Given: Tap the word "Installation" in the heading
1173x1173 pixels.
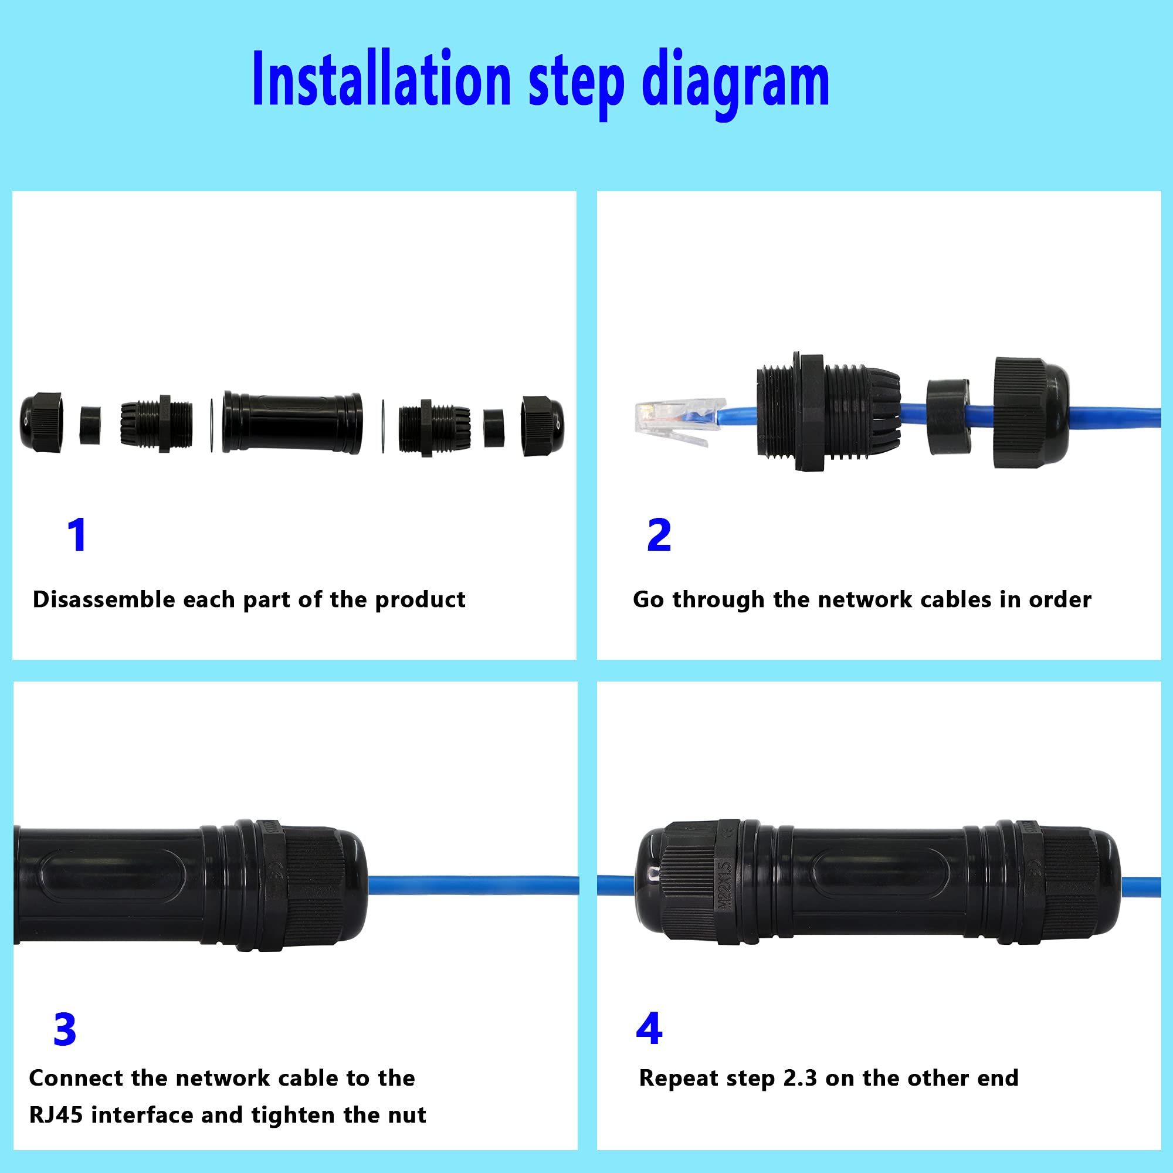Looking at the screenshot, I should (381, 80).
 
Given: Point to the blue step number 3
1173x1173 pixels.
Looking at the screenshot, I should (65, 1030).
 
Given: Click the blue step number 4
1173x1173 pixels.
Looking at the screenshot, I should (649, 1029).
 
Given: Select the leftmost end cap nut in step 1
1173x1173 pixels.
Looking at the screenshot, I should (41, 422).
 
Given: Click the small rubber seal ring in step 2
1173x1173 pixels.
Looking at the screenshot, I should (948, 417).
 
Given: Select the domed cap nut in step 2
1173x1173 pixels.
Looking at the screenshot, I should (1030, 412).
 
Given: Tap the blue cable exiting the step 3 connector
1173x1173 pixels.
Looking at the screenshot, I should (473, 885).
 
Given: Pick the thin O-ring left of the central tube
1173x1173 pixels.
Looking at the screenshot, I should (211, 425).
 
